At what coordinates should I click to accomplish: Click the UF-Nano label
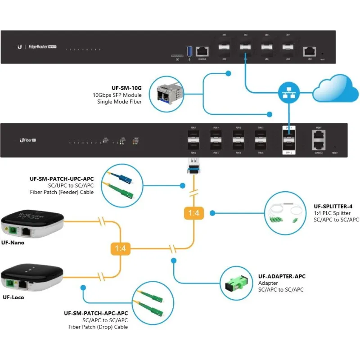(13, 243)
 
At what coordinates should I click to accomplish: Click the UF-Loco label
(13, 297)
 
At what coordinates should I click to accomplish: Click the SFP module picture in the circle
(167, 94)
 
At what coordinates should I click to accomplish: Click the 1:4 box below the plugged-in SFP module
(193, 212)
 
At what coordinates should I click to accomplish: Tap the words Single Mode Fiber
(119, 102)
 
